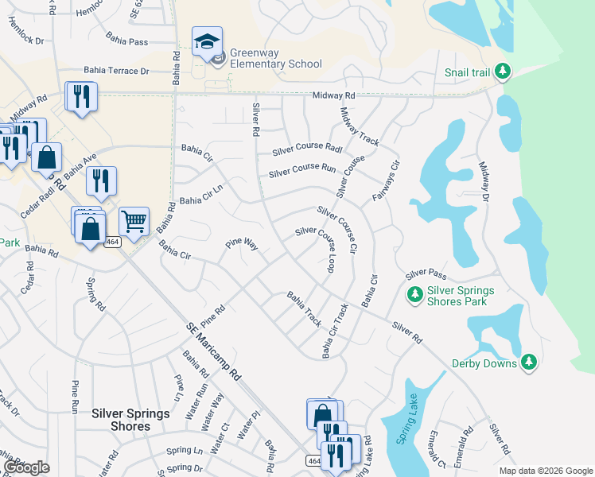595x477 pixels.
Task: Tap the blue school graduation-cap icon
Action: (207, 41)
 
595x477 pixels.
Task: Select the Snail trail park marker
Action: (502, 72)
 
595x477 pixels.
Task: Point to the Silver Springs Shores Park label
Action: (461, 296)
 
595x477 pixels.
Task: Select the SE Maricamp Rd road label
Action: (213, 348)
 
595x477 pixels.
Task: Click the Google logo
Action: (26, 467)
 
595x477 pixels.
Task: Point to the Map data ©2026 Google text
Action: (545, 471)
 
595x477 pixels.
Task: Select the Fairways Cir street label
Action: (386, 181)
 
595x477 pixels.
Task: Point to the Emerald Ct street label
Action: (436, 450)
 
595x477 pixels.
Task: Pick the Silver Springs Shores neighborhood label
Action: (131, 420)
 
